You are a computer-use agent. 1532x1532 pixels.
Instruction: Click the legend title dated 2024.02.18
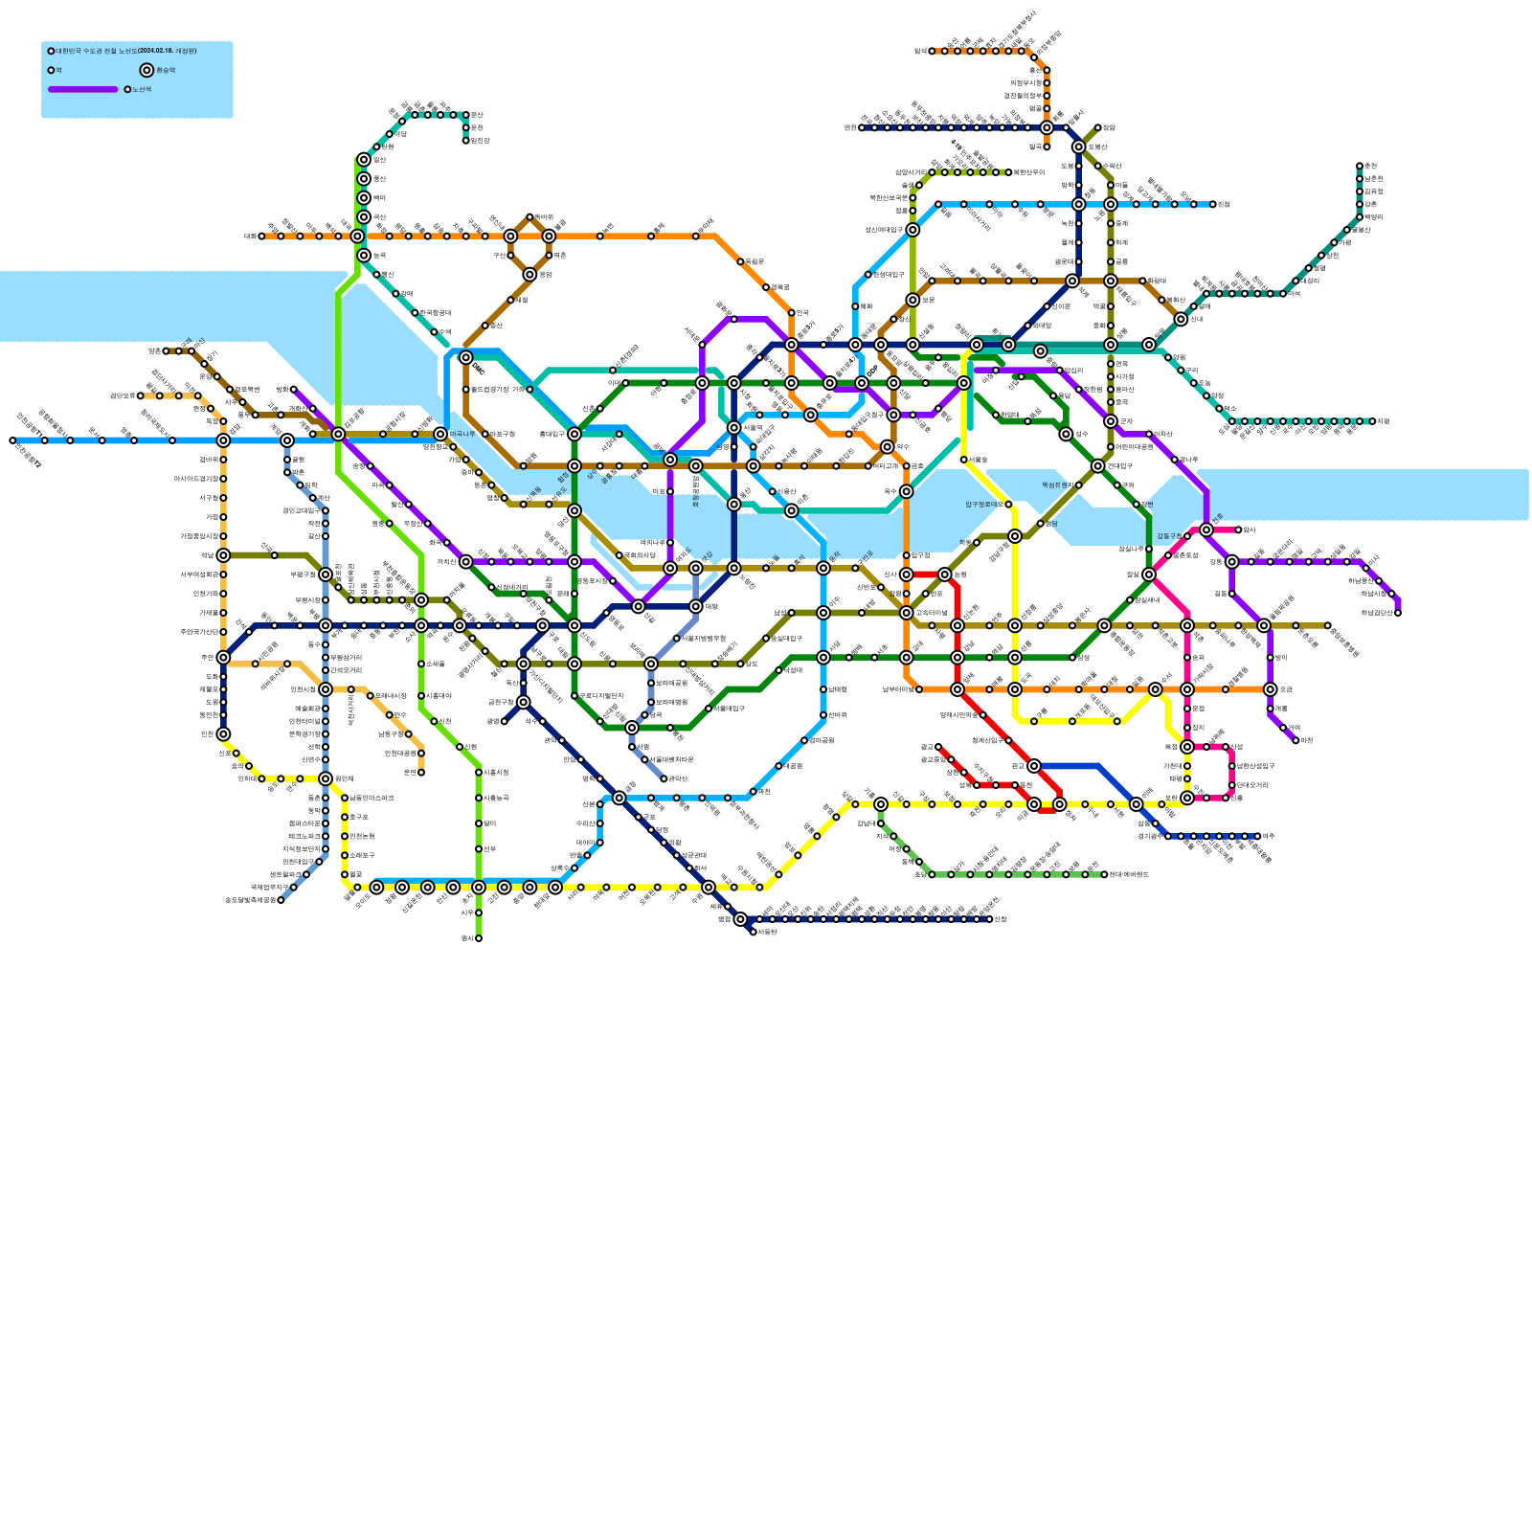(x=125, y=51)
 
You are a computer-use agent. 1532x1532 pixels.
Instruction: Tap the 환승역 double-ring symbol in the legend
(x=146, y=70)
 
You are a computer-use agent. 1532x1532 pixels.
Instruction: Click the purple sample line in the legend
(x=83, y=89)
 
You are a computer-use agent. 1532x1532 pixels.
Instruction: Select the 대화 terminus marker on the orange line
(x=261, y=236)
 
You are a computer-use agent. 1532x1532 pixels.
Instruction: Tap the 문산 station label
(x=477, y=115)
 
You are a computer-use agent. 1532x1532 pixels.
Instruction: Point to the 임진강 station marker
(x=466, y=141)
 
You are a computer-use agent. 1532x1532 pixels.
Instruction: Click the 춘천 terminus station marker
(x=1360, y=166)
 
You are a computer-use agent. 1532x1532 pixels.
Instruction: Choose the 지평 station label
(x=1383, y=421)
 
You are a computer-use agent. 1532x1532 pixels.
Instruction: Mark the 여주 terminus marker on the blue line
(x=1257, y=836)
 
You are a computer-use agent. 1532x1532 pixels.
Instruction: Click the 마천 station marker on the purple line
(x=1296, y=740)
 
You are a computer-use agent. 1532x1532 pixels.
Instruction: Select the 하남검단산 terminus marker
(x=1398, y=613)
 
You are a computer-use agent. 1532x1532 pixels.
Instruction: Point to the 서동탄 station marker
(x=754, y=932)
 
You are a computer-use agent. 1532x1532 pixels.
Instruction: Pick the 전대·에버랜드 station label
(x=1129, y=874)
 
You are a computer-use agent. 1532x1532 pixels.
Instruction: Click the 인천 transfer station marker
(x=223, y=734)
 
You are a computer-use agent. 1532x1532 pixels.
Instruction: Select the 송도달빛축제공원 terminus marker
(x=281, y=900)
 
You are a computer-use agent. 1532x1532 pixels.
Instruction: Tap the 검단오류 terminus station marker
(x=140, y=395)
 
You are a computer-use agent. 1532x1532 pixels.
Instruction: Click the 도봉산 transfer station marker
(x=1078, y=146)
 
